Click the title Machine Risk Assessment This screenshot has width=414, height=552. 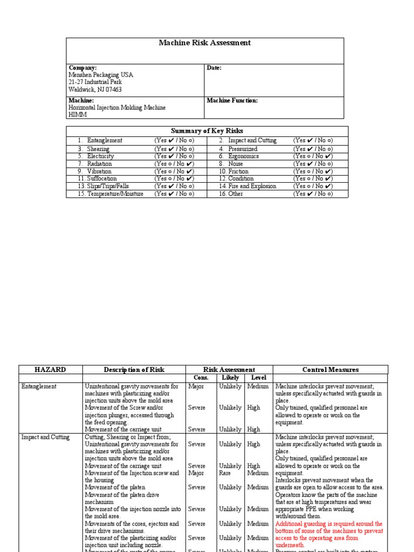pyautogui.click(x=204, y=43)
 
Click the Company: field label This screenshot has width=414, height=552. pyautogui.click(x=82, y=68)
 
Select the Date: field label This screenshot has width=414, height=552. pyautogui.click(x=214, y=68)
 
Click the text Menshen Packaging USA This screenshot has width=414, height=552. pyautogui.click(x=100, y=75)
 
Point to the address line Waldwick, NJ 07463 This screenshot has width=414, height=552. pyautogui.click(x=95, y=90)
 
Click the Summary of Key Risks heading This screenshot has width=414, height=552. pyautogui.click(x=207, y=131)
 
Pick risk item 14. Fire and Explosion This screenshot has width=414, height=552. pyautogui.click(x=248, y=187)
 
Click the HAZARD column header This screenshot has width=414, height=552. pyautogui.click(x=50, y=370)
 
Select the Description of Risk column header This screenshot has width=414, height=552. pyautogui.click(x=134, y=370)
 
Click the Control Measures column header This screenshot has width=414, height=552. pyautogui.click(x=330, y=370)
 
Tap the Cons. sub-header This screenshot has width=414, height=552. pyautogui.click(x=201, y=378)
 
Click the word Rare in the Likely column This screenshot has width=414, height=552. pyautogui.click(x=225, y=473)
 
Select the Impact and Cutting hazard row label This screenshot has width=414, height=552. pyautogui.click(x=45, y=437)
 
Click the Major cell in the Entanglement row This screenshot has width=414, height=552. pyautogui.click(x=196, y=387)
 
